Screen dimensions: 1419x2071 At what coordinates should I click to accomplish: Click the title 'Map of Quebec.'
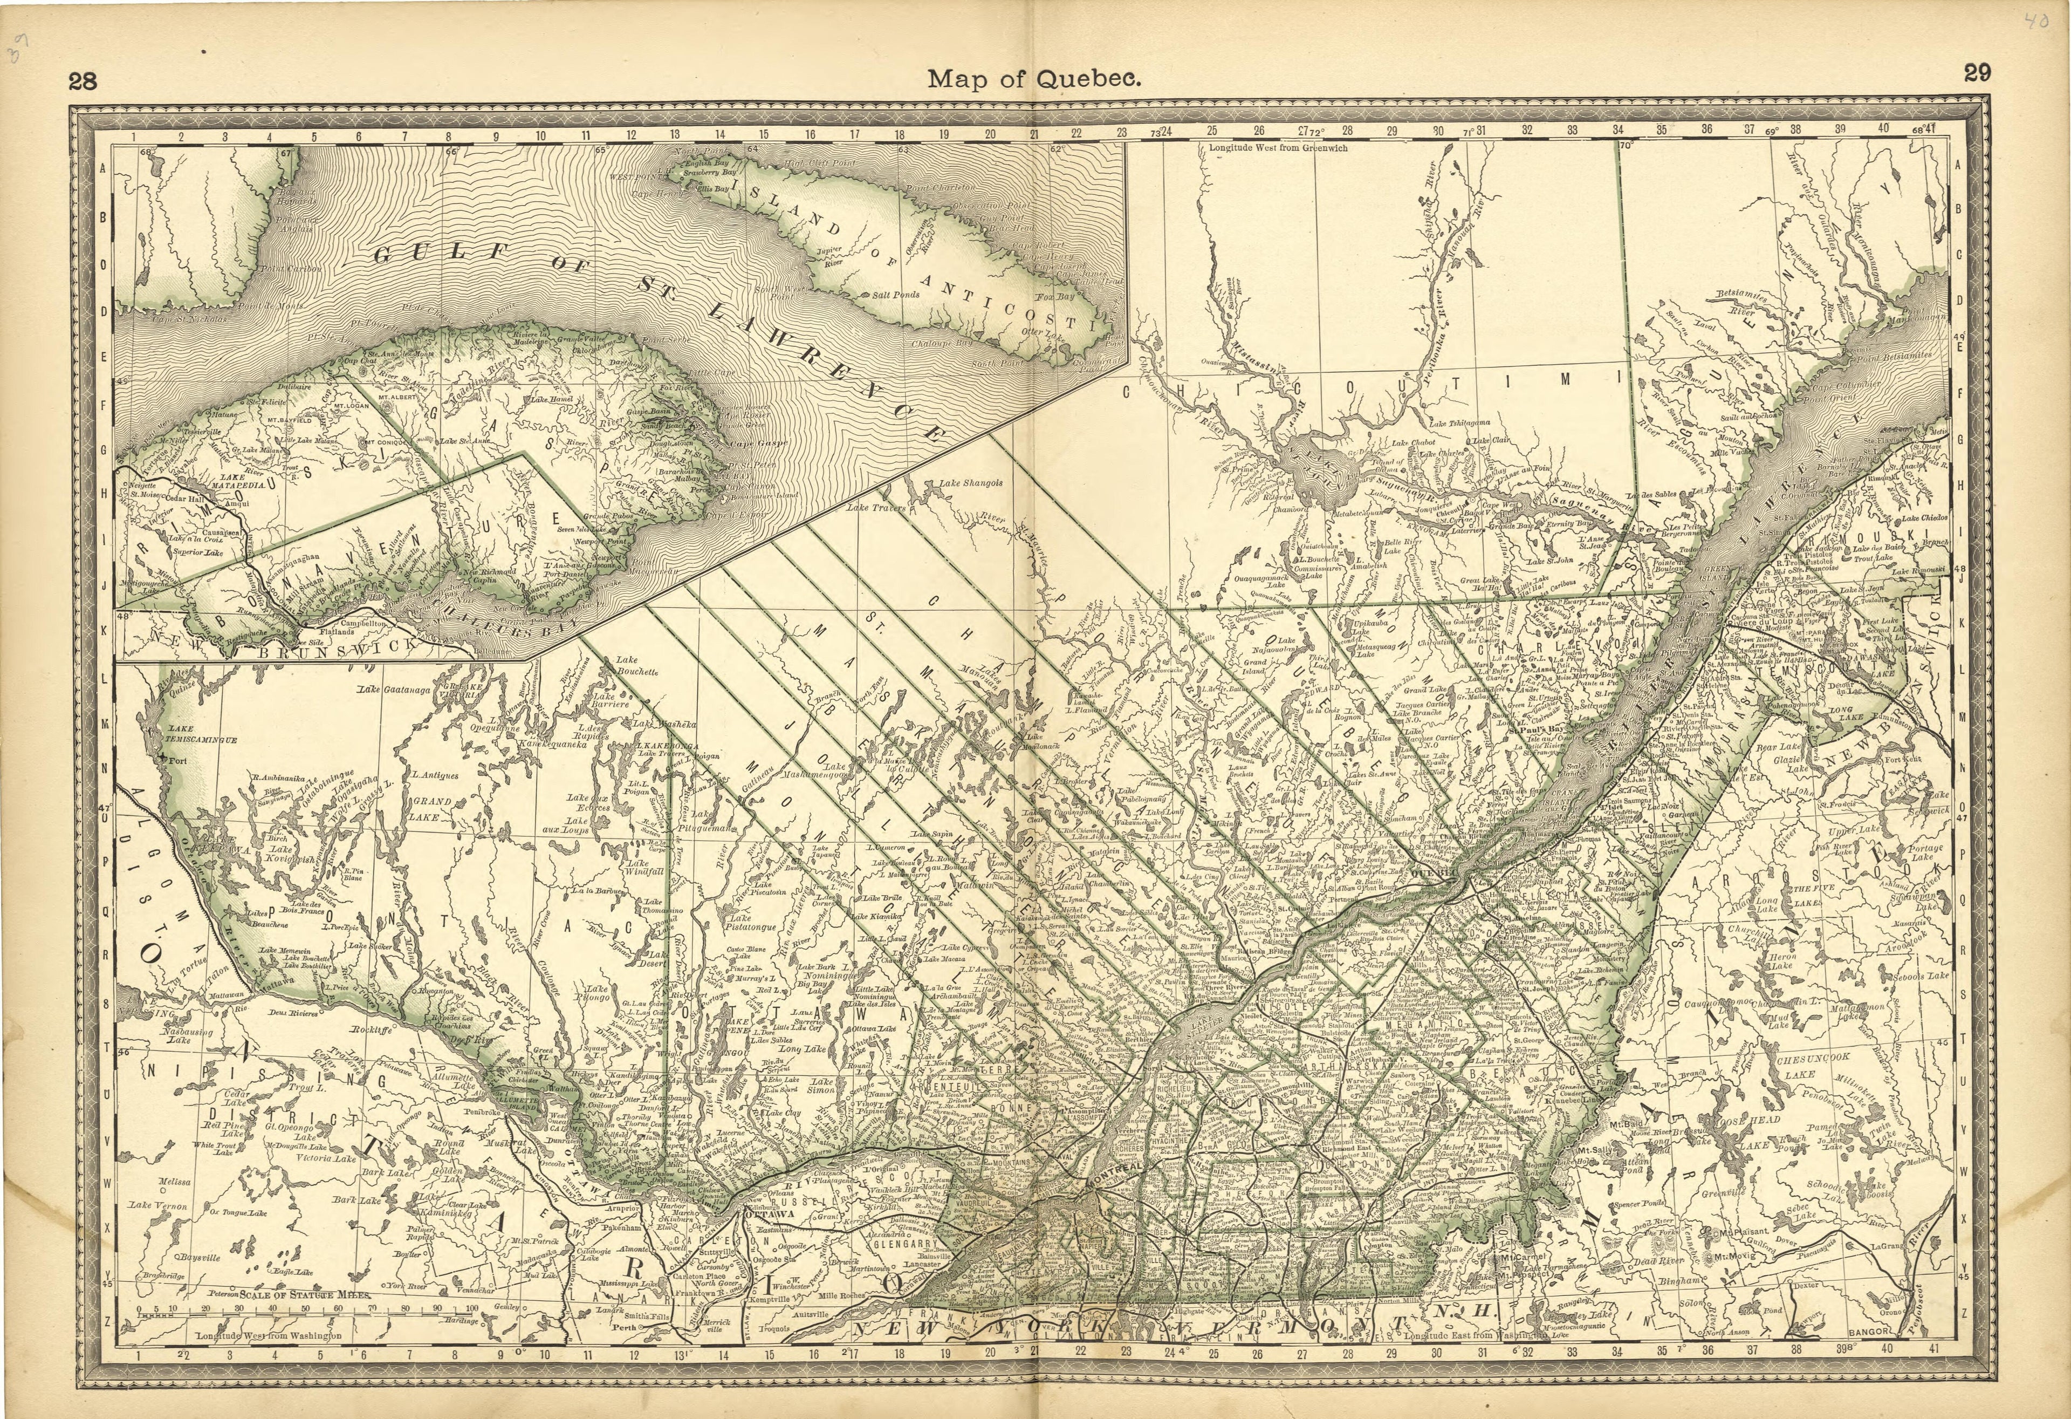pyautogui.click(x=1034, y=78)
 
